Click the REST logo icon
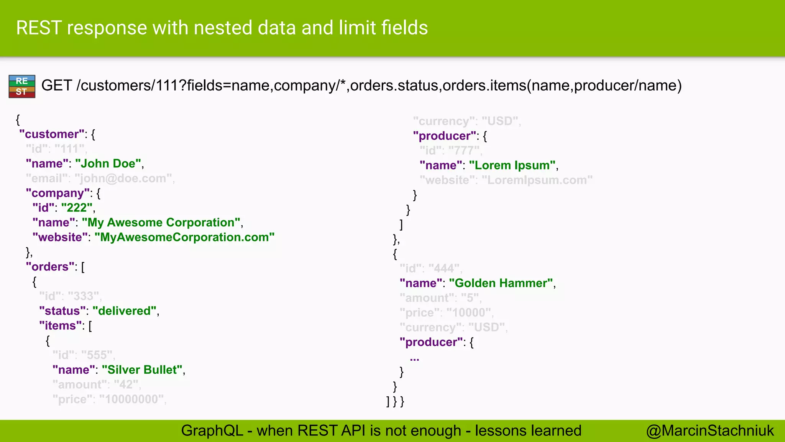[x=22, y=86]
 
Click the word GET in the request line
[x=56, y=85]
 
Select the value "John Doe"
[x=108, y=164]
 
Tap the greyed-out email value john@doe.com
[x=123, y=178]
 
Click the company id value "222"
[x=77, y=208]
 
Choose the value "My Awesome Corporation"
[x=161, y=223]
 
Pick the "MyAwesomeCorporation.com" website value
[x=184, y=237]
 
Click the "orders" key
[x=50, y=267]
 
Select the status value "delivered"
[x=125, y=311]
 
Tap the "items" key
[x=60, y=326]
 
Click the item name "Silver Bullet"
[x=142, y=370]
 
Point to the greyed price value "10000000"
[x=131, y=399]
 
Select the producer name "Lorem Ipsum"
[x=512, y=165]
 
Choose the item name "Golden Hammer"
[x=501, y=283]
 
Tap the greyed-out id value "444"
[x=444, y=269]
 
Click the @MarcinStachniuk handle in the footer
[x=710, y=430]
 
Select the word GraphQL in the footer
[x=212, y=430]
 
